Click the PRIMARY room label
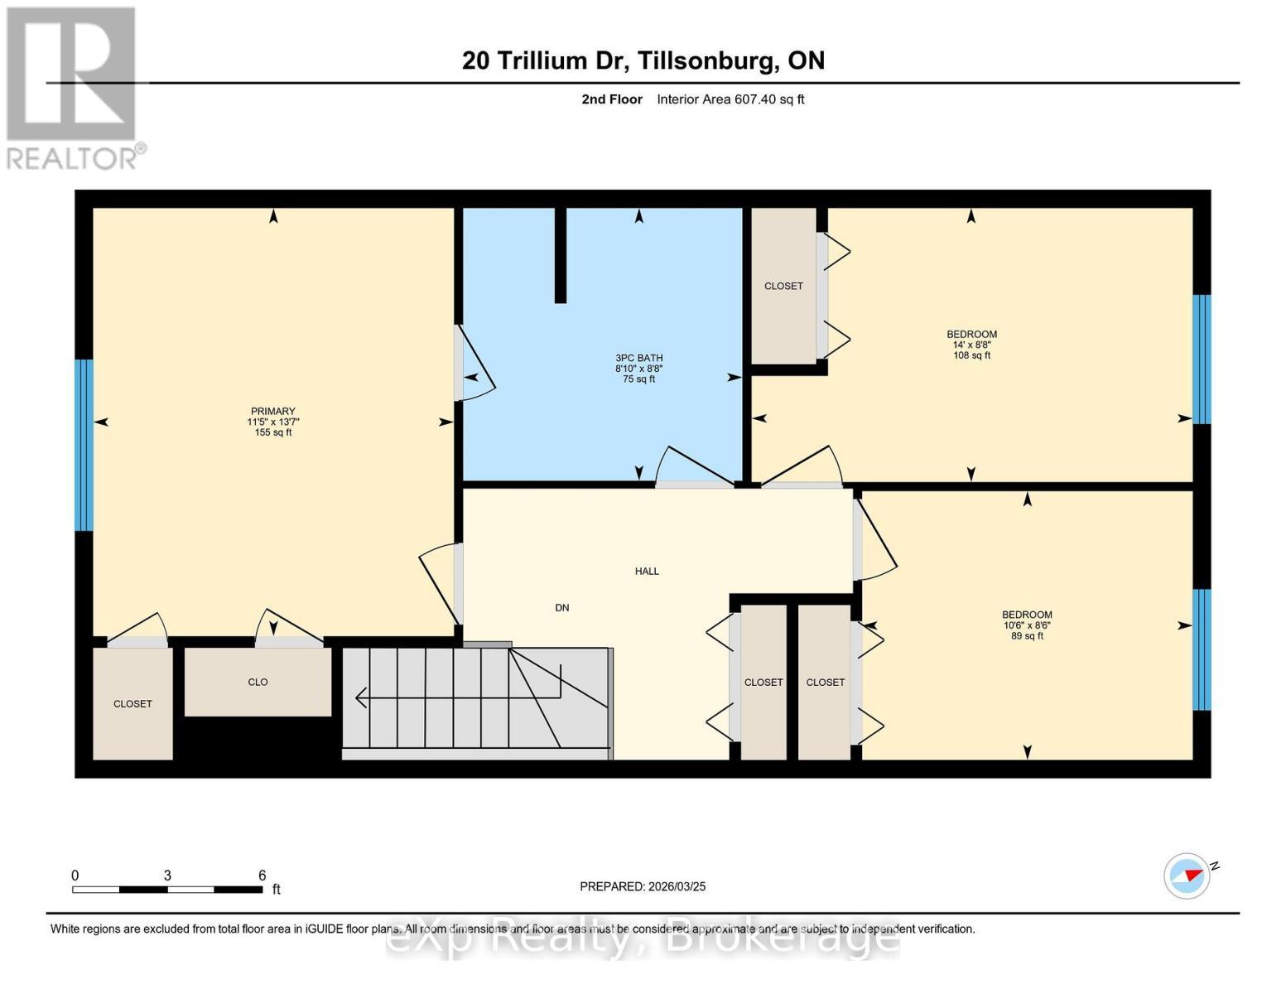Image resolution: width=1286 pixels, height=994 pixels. pyautogui.click(x=272, y=411)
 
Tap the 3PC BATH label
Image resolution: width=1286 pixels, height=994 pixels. pyautogui.click(x=638, y=358)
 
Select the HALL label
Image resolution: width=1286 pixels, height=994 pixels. pyautogui.click(x=647, y=571)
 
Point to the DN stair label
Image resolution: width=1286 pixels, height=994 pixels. pyautogui.click(x=561, y=607)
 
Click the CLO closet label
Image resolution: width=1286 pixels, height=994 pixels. pyautogui.click(x=258, y=682)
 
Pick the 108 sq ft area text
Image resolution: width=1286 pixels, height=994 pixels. pyautogui.click(x=971, y=355)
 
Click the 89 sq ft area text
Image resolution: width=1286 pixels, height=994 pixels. pyautogui.click(x=1027, y=636)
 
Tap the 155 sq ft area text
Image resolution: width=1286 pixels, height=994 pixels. pyautogui.click(x=272, y=432)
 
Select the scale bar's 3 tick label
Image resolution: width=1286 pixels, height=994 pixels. pyautogui.click(x=167, y=875)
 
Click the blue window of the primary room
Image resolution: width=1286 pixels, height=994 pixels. pyautogui.click(x=84, y=445)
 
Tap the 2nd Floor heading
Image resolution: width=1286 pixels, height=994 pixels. pyautogui.click(x=611, y=99)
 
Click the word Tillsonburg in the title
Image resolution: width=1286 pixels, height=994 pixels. pyautogui.click(x=708, y=61)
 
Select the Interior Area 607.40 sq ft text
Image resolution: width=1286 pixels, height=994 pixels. pyautogui.click(x=730, y=99)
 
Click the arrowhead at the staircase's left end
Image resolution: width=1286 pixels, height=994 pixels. pyautogui.click(x=360, y=698)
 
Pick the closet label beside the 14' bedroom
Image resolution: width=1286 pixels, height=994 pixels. pyautogui.click(x=783, y=286)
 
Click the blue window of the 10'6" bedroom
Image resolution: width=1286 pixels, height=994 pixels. pyautogui.click(x=1202, y=649)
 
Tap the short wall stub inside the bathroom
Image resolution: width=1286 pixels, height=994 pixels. pyautogui.click(x=560, y=255)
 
